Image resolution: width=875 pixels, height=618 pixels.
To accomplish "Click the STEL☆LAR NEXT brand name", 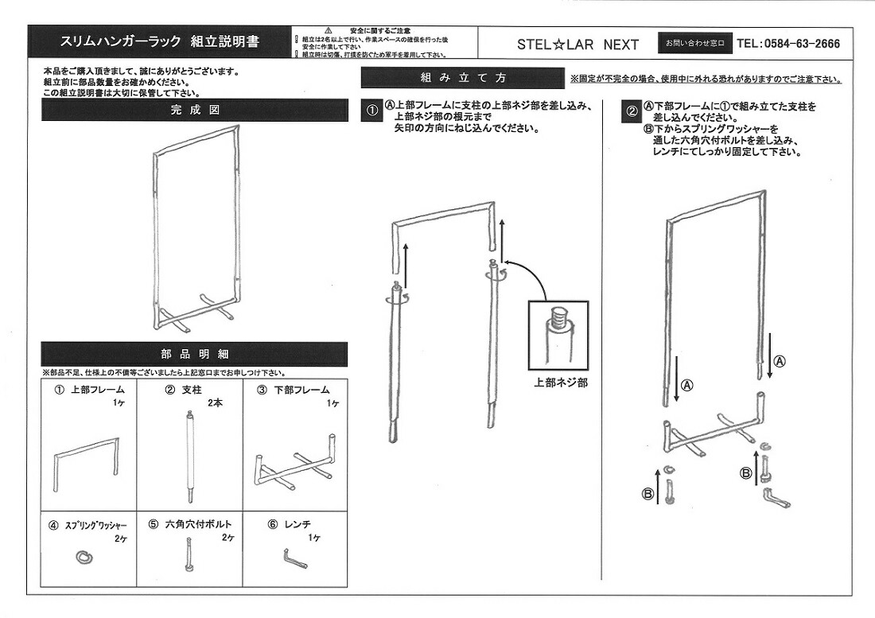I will [x=577, y=45].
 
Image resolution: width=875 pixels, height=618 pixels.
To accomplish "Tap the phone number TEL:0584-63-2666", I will [x=788, y=44].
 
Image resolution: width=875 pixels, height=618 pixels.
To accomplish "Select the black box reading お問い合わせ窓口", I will [x=694, y=44].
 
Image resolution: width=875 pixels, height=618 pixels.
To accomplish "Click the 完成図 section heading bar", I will [x=194, y=111].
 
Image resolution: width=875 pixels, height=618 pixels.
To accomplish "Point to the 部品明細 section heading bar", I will [x=194, y=354].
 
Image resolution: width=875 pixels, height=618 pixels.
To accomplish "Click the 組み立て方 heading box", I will [x=462, y=78].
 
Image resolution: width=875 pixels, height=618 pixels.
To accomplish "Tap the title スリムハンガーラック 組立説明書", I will [x=159, y=42].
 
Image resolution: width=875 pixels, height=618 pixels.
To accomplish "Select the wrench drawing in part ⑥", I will [x=294, y=559].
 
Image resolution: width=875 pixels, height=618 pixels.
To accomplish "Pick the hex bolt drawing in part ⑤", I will [x=189, y=554].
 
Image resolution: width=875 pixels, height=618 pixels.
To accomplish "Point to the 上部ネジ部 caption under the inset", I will [x=561, y=383].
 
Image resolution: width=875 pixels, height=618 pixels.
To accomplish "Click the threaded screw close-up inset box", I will [x=559, y=333].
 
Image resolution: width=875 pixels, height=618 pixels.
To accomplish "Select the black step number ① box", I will [x=371, y=111].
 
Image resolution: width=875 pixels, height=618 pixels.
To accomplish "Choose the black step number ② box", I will [x=631, y=111].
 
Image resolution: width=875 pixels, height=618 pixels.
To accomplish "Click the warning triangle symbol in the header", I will [x=327, y=29].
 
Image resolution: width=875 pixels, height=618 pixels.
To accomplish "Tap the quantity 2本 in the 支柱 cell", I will [x=215, y=403].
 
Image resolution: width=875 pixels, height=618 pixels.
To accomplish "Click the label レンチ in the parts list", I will [x=297, y=524].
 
